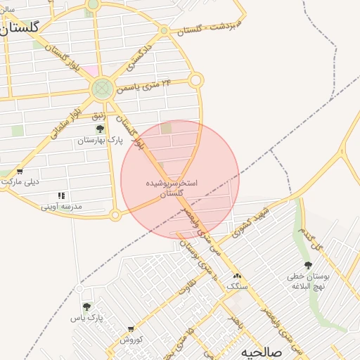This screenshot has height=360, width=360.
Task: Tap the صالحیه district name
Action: click(262, 352)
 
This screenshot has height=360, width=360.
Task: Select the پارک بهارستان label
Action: click(100, 141)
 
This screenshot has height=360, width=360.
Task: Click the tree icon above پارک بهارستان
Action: click(100, 129)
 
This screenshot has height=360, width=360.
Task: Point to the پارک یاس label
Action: click(86, 318)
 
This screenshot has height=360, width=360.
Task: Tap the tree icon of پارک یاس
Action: click(86, 307)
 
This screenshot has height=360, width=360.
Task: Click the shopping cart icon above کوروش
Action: click(131, 328)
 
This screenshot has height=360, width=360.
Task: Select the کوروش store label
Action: click(131, 339)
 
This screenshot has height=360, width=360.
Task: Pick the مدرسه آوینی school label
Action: click(61, 207)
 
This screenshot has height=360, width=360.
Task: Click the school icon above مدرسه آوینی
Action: click(61, 195)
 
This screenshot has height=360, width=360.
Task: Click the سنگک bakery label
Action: click(237, 287)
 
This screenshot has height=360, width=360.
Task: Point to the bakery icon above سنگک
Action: click(237, 276)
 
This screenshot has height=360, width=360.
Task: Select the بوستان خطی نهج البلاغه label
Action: click(308, 282)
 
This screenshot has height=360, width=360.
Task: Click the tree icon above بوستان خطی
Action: click(308, 265)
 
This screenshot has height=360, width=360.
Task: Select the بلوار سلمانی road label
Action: click(65, 120)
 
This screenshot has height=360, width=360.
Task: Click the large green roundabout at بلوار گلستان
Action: click(102, 89)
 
